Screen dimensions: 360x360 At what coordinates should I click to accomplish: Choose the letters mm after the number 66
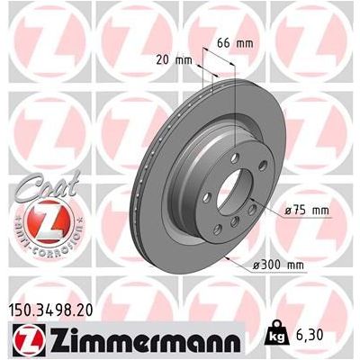[x=247, y=42]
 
